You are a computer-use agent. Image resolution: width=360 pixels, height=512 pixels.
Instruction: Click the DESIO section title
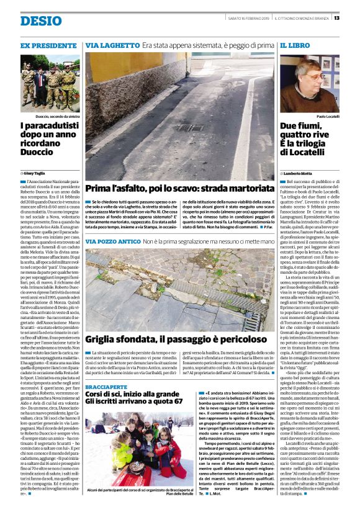[41, 21]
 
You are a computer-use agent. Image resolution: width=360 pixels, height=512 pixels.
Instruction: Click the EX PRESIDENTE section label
[49, 47]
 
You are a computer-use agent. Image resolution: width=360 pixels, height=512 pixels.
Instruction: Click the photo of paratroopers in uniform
[49, 83]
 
